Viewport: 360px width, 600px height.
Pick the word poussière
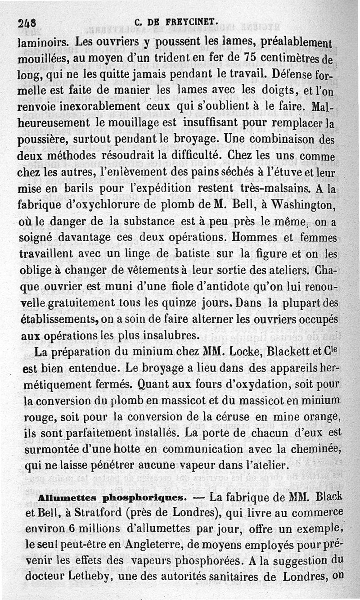pyautogui.click(x=44, y=140)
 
